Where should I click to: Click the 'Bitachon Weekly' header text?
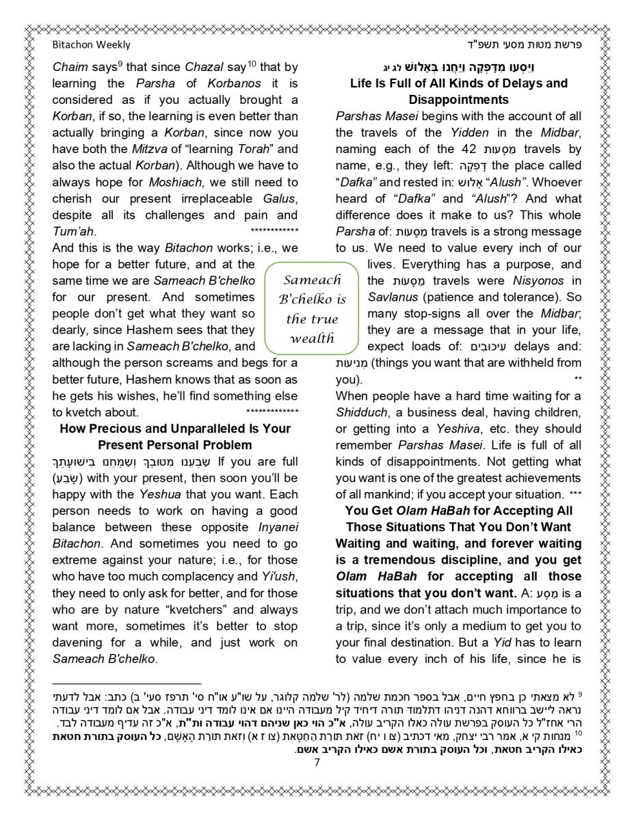(x=91, y=45)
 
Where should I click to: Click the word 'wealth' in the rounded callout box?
(x=311, y=338)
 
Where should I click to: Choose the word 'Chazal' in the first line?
(x=204, y=68)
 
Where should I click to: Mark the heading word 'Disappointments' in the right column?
(x=458, y=100)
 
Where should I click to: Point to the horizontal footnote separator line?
(x=127, y=683)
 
